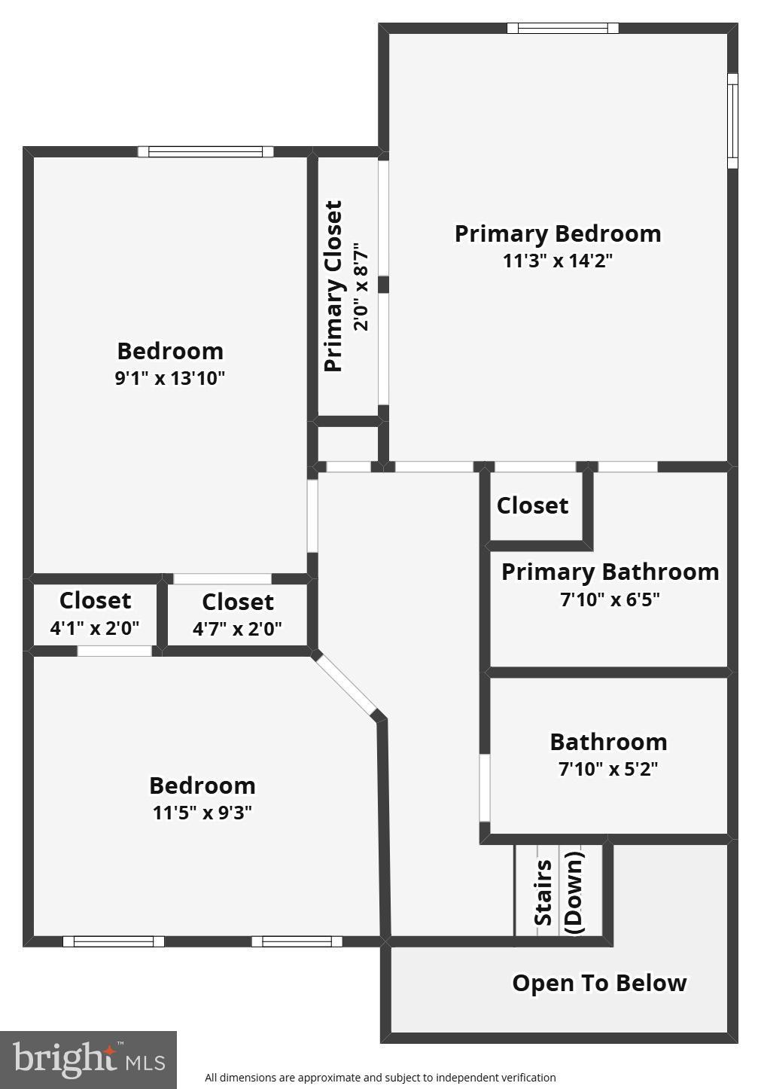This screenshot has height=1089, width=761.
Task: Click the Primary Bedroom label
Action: click(558, 233)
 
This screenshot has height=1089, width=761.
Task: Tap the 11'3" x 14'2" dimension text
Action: click(558, 261)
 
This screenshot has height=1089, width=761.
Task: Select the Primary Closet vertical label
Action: click(333, 286)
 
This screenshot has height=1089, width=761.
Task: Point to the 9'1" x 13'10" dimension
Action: click(170, 378)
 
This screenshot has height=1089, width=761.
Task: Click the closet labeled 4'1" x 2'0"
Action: click(95, 614)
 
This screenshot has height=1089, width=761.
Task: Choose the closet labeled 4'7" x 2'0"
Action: click(237, 615)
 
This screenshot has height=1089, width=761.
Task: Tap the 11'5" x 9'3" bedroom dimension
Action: click(202, 813)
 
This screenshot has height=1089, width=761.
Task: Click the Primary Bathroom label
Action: click(610, 572)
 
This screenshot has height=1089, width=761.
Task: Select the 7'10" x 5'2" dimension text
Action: click(608, 769)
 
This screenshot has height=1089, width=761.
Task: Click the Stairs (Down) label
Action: click(559, 892)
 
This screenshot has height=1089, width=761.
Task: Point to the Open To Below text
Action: click(599, 983)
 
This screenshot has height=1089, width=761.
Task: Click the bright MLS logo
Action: click(88, 1060)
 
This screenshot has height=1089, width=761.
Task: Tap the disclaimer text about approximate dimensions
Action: click(380, 1078)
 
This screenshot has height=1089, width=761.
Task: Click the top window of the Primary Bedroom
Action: click(562, 29)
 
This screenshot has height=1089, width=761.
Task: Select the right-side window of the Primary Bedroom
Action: click(732, 120)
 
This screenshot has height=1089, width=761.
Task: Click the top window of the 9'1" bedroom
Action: click(205, 151)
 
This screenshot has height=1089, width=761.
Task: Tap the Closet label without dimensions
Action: click(532, 505)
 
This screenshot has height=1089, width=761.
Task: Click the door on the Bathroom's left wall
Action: click(485, 788)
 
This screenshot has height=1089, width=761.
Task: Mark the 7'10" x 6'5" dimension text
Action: click(610, 600)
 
